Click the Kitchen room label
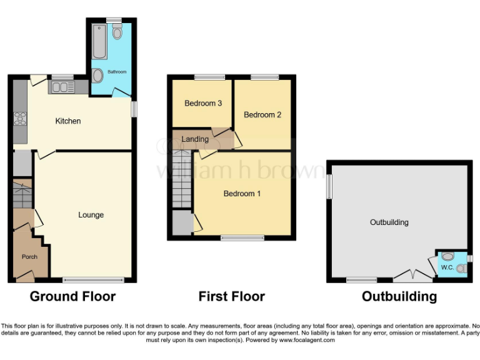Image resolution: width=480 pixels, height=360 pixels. click(68, 121)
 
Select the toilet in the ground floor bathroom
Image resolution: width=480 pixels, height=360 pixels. click(117, 32)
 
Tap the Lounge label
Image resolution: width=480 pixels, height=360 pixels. click(91, 215)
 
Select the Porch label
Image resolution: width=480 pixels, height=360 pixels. click(29, 257)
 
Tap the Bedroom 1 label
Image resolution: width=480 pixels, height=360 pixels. click(242, 194)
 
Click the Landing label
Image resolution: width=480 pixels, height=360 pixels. click(195, 139)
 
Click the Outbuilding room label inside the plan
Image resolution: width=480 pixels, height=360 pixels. click(389, 222)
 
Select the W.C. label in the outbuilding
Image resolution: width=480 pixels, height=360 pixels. click(447, 268)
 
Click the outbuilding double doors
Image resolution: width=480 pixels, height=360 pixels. click(412, 274)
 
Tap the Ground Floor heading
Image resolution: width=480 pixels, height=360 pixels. click(72, 296)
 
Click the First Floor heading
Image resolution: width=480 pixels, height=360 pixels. click(231, 296)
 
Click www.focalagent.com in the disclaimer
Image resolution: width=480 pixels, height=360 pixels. click(307, 341)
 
